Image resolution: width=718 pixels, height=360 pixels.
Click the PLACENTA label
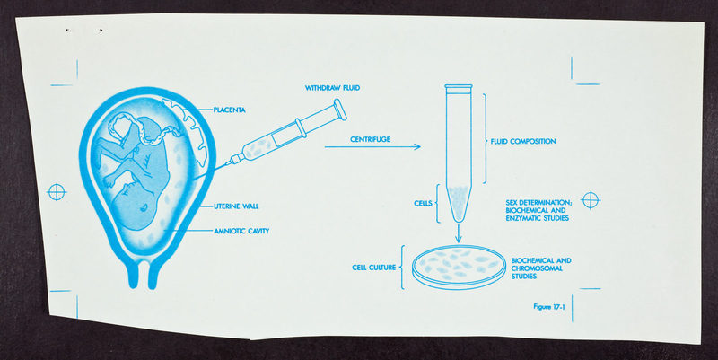tap(230, 110)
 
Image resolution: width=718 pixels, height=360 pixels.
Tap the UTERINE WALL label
tap(236, 206)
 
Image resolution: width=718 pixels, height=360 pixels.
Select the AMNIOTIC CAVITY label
tap(241, 231)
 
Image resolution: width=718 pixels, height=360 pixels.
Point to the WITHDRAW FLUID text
tap(332, 87)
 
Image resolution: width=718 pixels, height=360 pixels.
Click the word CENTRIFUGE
tap(371, 139)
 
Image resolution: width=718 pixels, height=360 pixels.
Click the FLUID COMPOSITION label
tap(523, 142)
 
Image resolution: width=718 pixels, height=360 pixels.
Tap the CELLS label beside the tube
tap(423, 204)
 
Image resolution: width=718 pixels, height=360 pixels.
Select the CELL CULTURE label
tap(374, 268)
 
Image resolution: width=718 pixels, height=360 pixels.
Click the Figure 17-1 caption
tap(549, 307)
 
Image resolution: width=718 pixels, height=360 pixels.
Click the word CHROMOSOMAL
tap(537, 268)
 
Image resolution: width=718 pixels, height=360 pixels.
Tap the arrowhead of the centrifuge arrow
tap(416, 146)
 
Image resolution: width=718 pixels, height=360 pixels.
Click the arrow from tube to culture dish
tap(459, 233)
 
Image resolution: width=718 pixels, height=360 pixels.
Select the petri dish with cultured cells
tap(459, 268)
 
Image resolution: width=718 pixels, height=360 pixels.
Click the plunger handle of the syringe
tap(340, 110)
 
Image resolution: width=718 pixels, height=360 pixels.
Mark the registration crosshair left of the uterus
tap(57, 192)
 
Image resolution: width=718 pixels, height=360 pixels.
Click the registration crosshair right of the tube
tap(591, 200)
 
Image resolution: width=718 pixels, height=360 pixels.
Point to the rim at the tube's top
tap(459, 86)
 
